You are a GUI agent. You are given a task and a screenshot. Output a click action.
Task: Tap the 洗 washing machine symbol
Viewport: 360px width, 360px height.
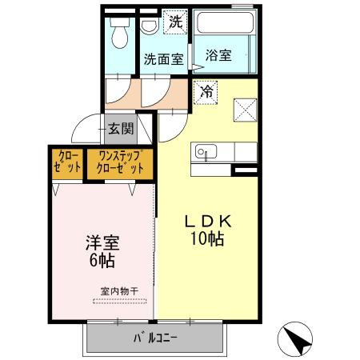pos(175,22)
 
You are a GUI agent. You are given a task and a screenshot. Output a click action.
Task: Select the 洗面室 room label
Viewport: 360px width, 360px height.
pos(163,58)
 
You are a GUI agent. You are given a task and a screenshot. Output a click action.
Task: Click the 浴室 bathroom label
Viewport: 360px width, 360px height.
pos(218,55)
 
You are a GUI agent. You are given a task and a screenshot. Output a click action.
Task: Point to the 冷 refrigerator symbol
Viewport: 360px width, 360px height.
pos(205,92)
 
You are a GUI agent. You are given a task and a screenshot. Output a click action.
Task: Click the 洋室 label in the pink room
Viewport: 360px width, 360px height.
pos(102,242)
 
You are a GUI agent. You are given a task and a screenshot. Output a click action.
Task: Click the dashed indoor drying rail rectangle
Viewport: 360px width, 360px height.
pos(120,301)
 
